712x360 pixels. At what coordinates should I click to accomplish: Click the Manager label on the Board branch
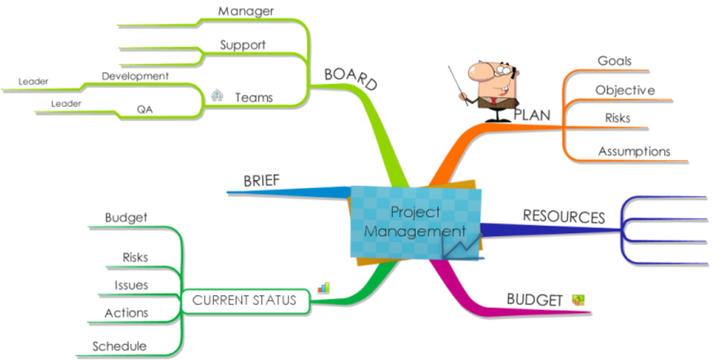pyautogui.click(x=245, y=11)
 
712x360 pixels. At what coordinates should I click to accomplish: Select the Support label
pyautogui.click(x=242, y=45)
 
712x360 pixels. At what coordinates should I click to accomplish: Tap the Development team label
pyautogui.click(x=135, y=76)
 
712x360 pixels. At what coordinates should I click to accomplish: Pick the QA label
pyautogui.click(x=145, y=110)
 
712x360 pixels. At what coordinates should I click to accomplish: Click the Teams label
pyautogui.click(x=254, y=98)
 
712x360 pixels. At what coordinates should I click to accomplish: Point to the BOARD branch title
pyautogui.click(x=351, y=79)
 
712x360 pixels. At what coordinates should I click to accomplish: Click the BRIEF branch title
pyautogui.click(x=261, y=181)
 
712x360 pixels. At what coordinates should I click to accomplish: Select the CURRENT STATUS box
pyautogui.click(x=245, y=301)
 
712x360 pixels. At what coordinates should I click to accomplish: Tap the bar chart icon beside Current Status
pyautogui.click(x=324, y=288)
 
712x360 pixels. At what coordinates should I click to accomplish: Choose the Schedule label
pyautogui.click(x=120, y=346)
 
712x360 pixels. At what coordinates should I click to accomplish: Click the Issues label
pyautogui.click(x=131, y=285)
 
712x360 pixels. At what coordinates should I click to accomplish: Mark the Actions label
pyautogui.click(x=127, y=313)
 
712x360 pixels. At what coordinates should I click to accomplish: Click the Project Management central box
pyautogui.click(x=415, y=222)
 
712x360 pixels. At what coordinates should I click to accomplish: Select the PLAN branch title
pyautogui.click(x=532, y=115)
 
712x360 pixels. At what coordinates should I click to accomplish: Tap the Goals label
pyautogui.click(x=614, y=60)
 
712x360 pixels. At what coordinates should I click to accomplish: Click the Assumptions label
pyautogui.click(x=634, y=151)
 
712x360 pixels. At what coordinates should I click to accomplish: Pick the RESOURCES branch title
pyautogui.click(x=564, y=217)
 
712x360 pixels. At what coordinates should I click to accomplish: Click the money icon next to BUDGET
pyautogui.click(x=578, y=300)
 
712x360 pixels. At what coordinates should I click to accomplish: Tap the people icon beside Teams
pyautogui.click(x=217, y=95)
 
